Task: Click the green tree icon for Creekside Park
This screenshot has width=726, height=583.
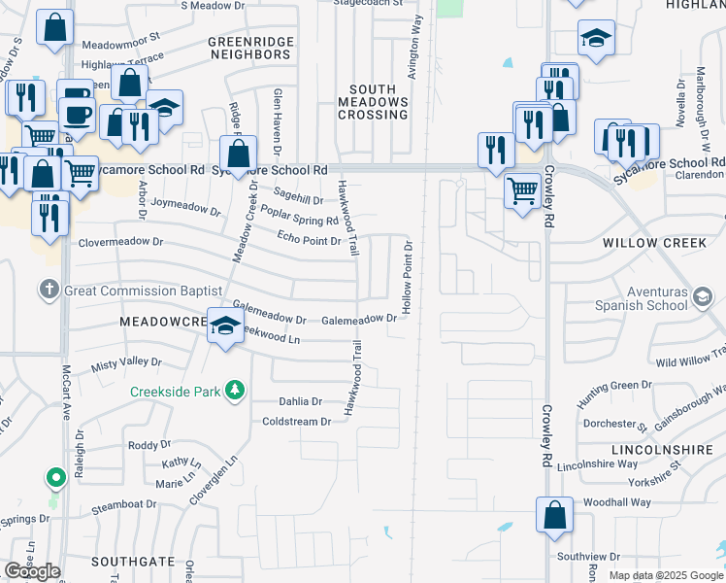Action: [233, 391]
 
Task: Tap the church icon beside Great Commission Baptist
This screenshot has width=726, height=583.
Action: [50, 290]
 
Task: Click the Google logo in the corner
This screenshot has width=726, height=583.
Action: [32, 571]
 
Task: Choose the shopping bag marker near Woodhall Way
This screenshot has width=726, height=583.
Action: [553, 516]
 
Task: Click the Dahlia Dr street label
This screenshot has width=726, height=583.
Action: [300, 401]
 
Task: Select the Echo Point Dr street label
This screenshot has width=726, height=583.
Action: [309, 239]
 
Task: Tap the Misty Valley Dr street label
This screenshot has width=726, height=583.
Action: [126, 363]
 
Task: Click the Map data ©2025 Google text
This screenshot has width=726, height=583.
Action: [665, 575]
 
